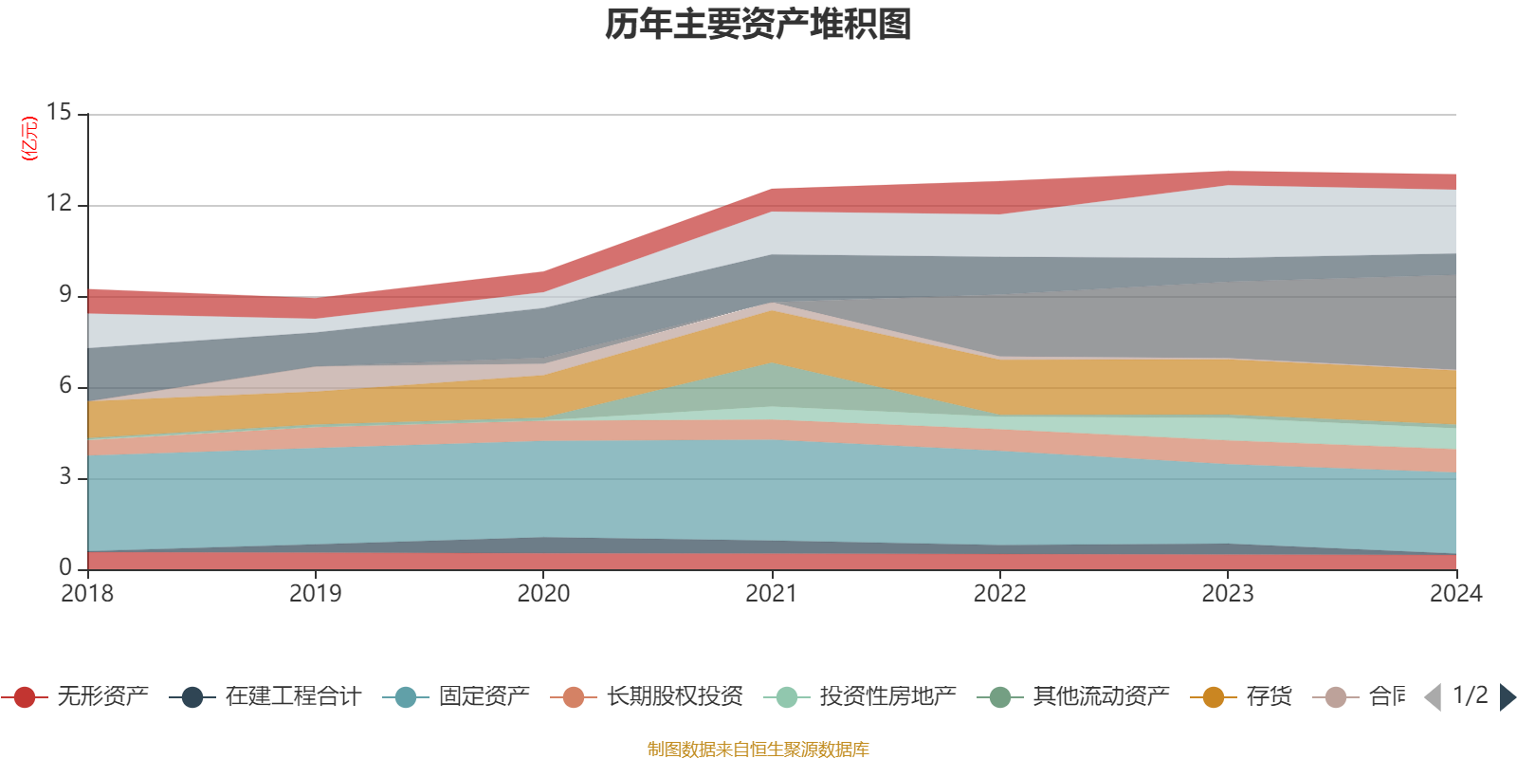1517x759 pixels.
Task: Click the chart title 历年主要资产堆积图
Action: click(758, 25)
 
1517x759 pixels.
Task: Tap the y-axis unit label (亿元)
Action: click(30, 139)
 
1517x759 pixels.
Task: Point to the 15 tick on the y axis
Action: click(59, 112)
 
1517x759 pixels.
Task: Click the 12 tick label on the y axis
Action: click(59, 203)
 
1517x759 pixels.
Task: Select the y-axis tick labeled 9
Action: click(64, 294)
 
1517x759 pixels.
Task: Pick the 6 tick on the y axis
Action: click(64, 385)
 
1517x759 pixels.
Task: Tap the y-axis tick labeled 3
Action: click(64, 476)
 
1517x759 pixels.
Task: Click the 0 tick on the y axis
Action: click(64, 567)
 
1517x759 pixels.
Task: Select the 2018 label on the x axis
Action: click(87, 594)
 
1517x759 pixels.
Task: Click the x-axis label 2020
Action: click(543, 594)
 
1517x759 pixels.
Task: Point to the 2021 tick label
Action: click(771, 594)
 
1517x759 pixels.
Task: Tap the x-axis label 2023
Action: click(1228, 594)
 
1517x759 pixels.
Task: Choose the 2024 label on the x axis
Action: click(1455, 594)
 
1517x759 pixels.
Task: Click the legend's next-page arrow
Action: click(1508, 697)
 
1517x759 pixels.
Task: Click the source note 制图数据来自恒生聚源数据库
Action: click(758, 750)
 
